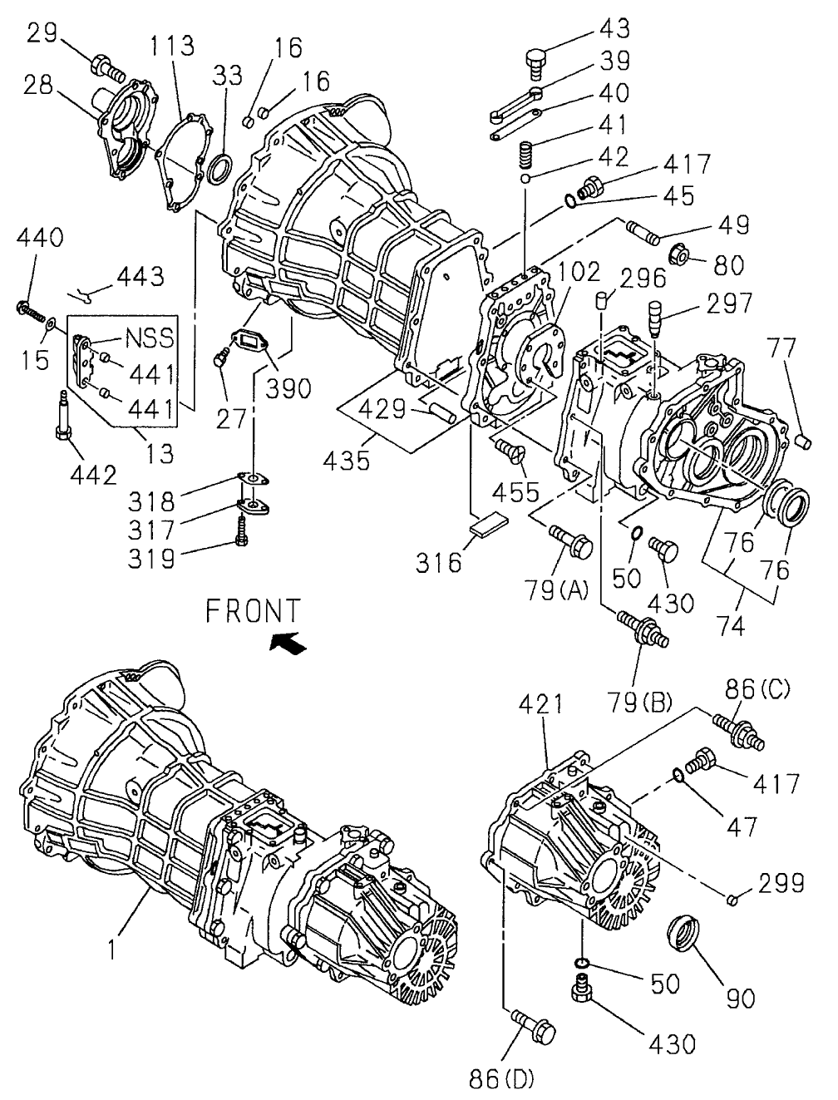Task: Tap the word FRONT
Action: [x=254, y=611]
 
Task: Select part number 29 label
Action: [x=42, y=34]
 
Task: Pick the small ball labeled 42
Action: [x=525, y=180]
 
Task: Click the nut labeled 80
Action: [x=680, y=254]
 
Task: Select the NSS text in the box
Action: [x=150, y=338]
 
